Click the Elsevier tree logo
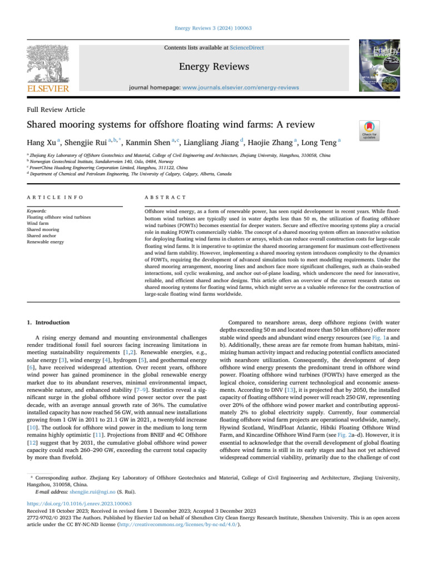[48, 65]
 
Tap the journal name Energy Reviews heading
[214, 67]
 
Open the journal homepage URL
[241, 87]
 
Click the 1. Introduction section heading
[48, 322]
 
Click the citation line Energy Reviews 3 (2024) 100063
[213, 28]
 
